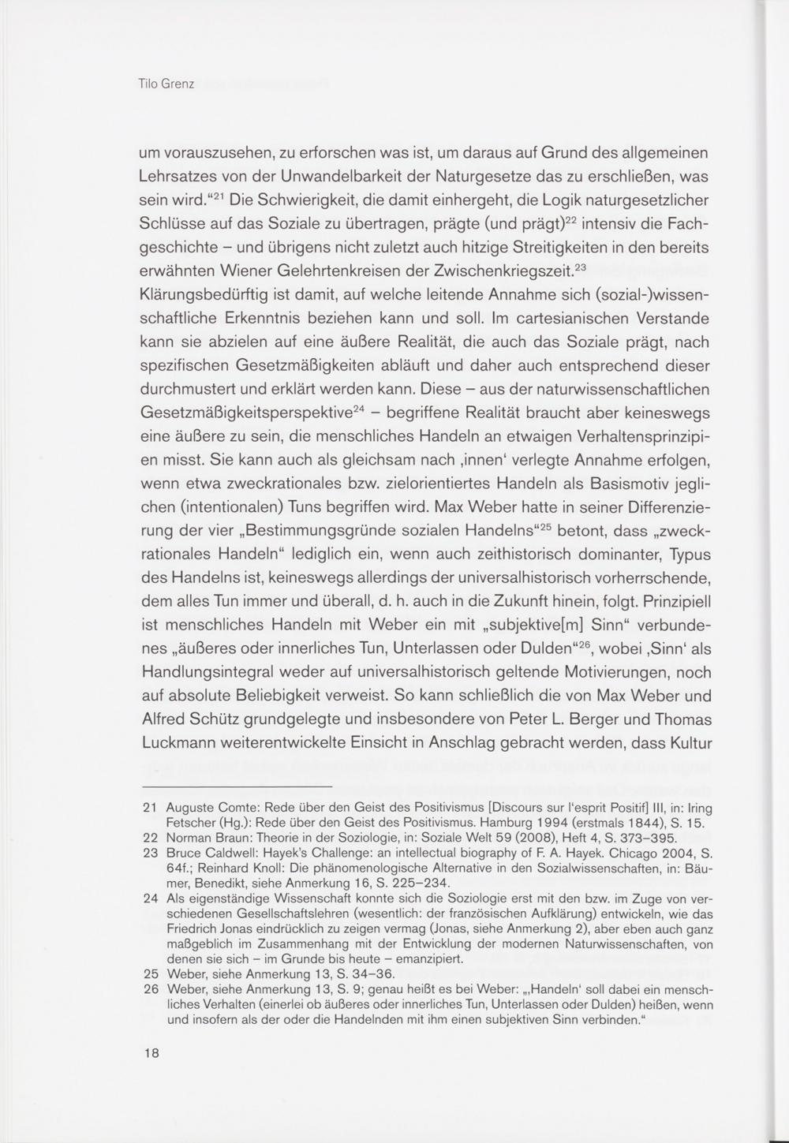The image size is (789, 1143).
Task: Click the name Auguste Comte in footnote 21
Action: tap(211, 808)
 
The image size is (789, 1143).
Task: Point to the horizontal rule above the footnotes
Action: tap(236, 787)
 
